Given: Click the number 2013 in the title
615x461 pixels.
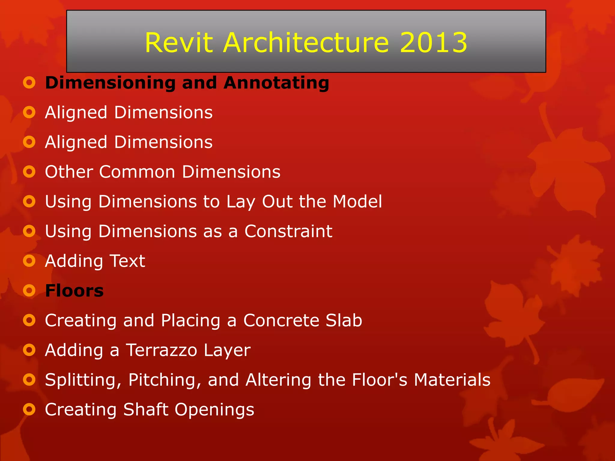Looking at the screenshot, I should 433,43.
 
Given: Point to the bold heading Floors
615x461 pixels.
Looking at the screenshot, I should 74,291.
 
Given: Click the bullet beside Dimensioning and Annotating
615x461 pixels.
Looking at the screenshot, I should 29,83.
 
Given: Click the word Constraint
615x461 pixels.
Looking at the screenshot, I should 288,231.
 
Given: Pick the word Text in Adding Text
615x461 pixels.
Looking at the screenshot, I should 127,261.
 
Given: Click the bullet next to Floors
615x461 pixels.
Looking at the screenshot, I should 29,291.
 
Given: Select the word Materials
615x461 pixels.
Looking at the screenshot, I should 452,380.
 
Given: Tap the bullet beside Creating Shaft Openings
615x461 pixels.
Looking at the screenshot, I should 29,409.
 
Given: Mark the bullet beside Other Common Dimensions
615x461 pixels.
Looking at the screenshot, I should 29,172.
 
